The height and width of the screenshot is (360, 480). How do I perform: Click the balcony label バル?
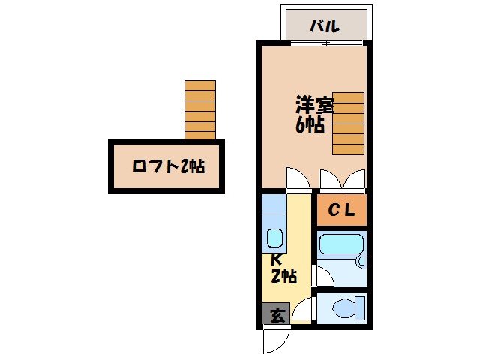click(x=325, y=26)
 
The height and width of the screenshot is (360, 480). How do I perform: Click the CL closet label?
click(x=341, y=211)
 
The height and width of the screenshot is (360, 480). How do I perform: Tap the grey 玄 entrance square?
click(x=276, y=316)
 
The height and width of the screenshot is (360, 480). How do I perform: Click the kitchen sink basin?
click(x=274, y=239)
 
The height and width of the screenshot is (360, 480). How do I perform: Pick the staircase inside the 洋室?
click(x=348, y=124)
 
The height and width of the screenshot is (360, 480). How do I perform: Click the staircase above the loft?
click(x=199, y=110)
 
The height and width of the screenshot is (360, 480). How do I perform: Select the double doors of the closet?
click(x=341, y=180)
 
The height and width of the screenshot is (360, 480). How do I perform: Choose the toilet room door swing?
click(x=304, y=310)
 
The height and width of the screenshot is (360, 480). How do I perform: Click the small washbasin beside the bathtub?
click(x=361, y=262)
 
